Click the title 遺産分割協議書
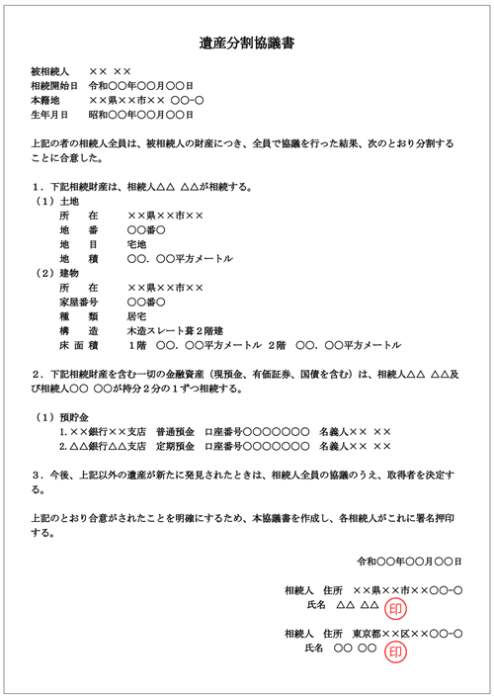pos(247,44)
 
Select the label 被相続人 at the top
pos(50,72)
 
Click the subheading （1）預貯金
pos(60,416)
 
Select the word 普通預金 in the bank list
pos(176,432)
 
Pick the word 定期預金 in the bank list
pos(176,447)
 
